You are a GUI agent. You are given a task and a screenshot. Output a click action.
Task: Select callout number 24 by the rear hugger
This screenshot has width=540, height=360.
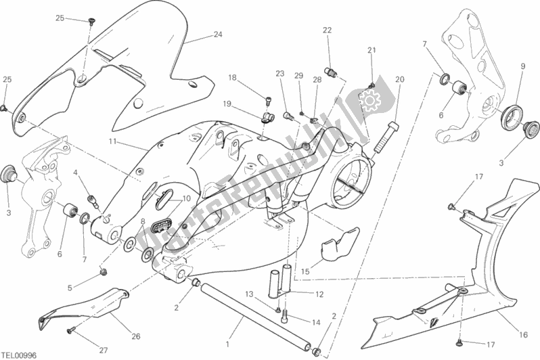[x=217, y=35]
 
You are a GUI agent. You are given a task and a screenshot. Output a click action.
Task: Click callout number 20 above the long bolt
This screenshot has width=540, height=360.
[x=399, y=79]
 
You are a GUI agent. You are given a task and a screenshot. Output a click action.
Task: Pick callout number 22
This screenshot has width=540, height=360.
[x=327, y=30]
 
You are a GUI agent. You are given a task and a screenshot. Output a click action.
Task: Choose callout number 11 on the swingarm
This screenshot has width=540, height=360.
[x=113, y=142]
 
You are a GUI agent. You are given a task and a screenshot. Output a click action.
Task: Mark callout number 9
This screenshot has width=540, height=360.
[x=522, y=66]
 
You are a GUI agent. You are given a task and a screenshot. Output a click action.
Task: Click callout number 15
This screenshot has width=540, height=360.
[x=305, y=272]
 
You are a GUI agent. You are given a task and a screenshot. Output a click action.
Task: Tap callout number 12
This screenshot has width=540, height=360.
[x=319, y=294]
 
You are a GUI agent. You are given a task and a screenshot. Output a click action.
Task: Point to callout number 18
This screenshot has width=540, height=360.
[x=232, y=78]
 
